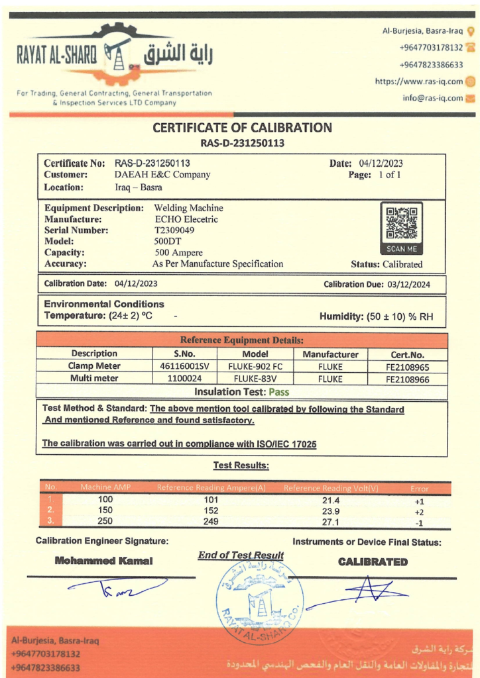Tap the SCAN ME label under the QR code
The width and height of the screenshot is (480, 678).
click(402, 249)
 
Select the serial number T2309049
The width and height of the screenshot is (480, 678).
click(174, 230)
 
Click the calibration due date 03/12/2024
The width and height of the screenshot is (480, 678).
click(411, 283)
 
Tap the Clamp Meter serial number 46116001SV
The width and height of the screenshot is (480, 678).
click(184, 365)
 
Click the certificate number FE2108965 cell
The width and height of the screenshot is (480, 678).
click(407, 366)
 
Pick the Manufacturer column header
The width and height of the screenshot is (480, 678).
click(330, 354)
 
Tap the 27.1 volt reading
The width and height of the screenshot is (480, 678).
click(330, 522)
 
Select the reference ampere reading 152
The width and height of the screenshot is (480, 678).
click(211, 510)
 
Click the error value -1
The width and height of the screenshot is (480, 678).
click(419, 522)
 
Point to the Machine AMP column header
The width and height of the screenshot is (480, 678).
click(105, 488)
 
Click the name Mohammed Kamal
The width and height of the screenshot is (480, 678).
click(103, 561)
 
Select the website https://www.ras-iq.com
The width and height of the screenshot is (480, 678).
click(418, 81)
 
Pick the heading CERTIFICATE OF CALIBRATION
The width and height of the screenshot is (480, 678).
click(242, 127)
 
